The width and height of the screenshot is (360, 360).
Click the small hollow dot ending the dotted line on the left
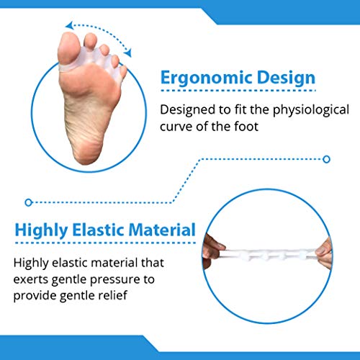28,202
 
